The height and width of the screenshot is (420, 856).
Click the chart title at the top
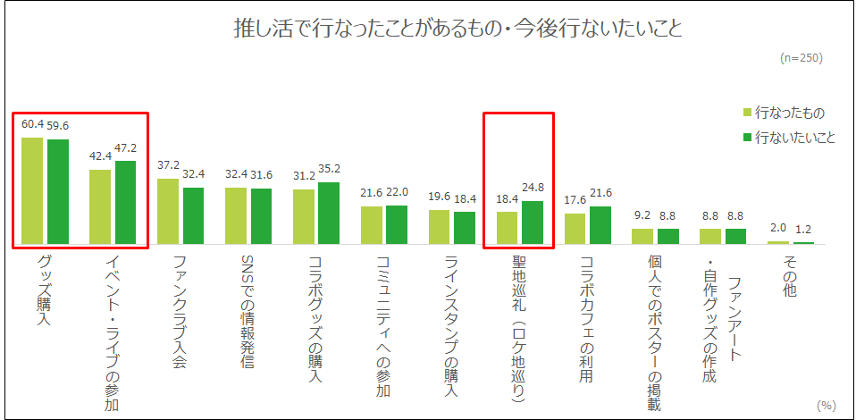click(x=457, y=29)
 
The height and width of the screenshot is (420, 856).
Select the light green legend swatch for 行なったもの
click(x=748, y=113)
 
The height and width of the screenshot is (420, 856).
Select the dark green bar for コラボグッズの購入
click(x=328, y=213)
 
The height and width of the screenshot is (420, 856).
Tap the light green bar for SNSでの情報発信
click(x=235, y=215)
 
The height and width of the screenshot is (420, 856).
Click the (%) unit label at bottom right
click(x=827, y=405)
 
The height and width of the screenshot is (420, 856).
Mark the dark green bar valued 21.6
click(x=600, y=224)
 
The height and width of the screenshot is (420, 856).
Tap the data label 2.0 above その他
click(x=777, y=230)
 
